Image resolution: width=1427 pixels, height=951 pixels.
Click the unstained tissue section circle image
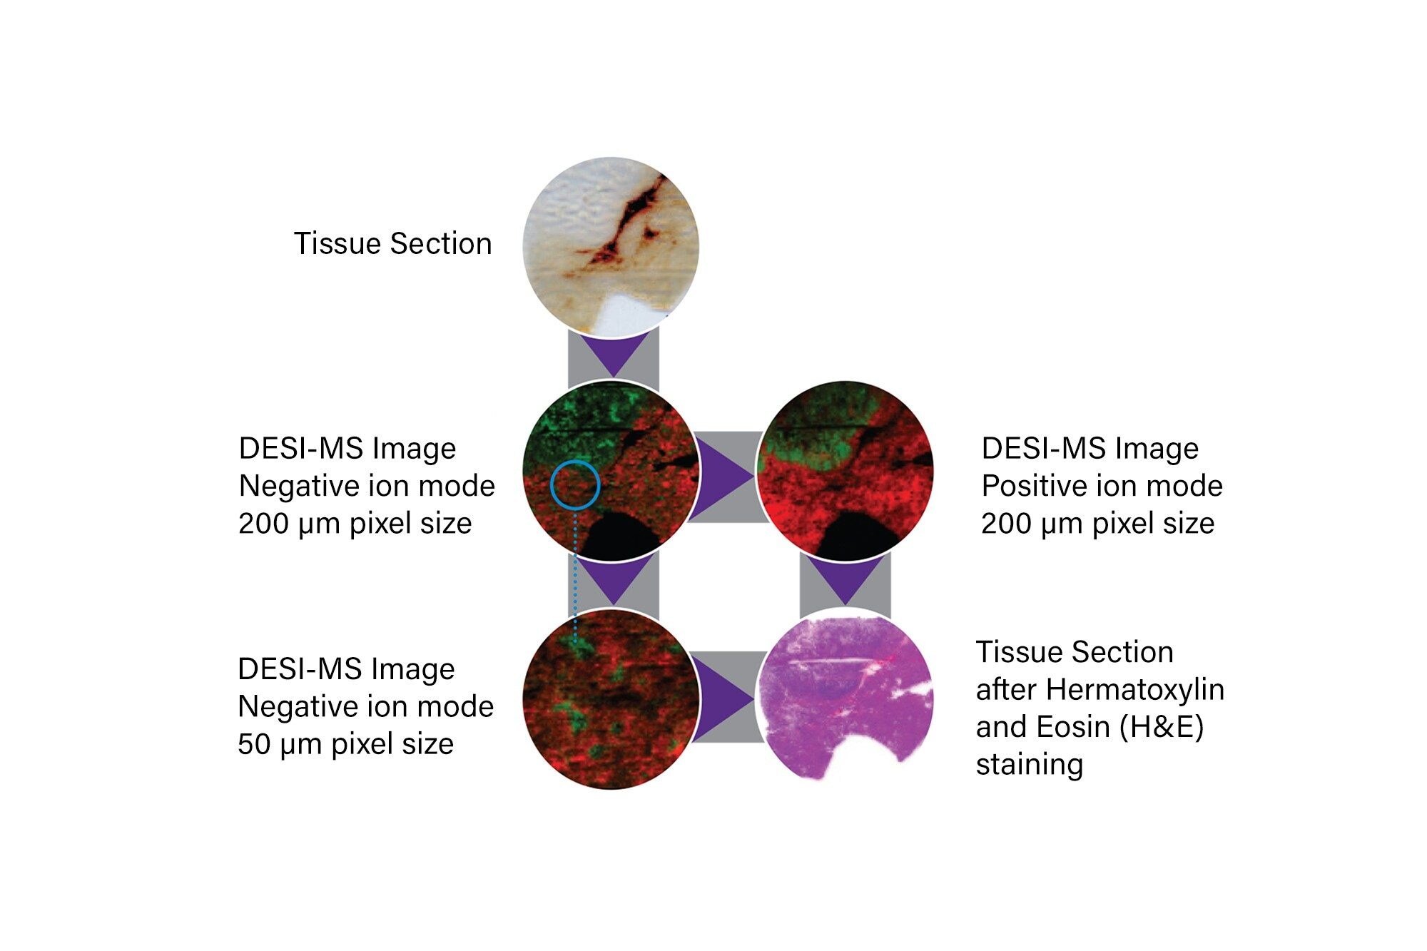(611, 246)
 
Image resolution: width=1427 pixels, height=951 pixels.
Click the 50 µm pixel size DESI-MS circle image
(611, 699)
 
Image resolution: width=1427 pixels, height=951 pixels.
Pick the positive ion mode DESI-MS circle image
(845, 472)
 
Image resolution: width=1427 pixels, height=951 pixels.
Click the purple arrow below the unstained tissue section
(613, 355)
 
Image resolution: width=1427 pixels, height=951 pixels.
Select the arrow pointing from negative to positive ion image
(724, 475)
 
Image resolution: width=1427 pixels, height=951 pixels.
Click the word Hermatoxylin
(1136, 690)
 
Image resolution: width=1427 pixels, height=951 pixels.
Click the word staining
(1030, 766)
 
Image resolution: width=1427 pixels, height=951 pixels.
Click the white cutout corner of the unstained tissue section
(637, 311)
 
